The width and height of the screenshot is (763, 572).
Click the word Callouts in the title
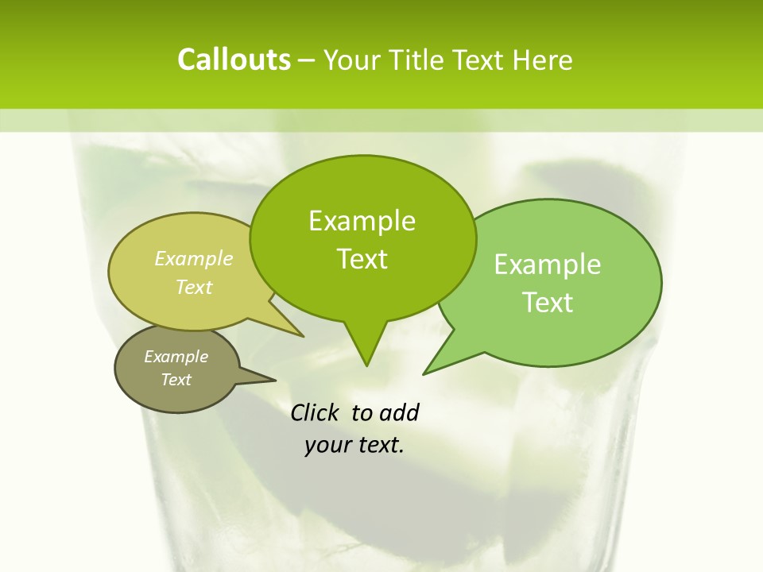(234, 60)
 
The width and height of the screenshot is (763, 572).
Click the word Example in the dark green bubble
(362, 221)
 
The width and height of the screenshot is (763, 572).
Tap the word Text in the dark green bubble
(362, 259)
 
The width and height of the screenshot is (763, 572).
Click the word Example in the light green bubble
(548, 265)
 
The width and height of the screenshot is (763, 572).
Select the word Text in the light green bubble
(548, 303)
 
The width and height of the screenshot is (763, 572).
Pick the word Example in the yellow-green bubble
(194, 259)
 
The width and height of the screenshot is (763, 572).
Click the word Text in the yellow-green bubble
(194, 287)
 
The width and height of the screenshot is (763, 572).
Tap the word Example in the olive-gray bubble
(176, 357)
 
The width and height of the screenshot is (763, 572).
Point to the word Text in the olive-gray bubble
(176, 380)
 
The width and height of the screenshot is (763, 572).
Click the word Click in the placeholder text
(314, 412)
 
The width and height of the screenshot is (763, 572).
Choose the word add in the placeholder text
(399, 412)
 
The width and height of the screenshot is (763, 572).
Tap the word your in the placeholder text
(327, 446)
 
